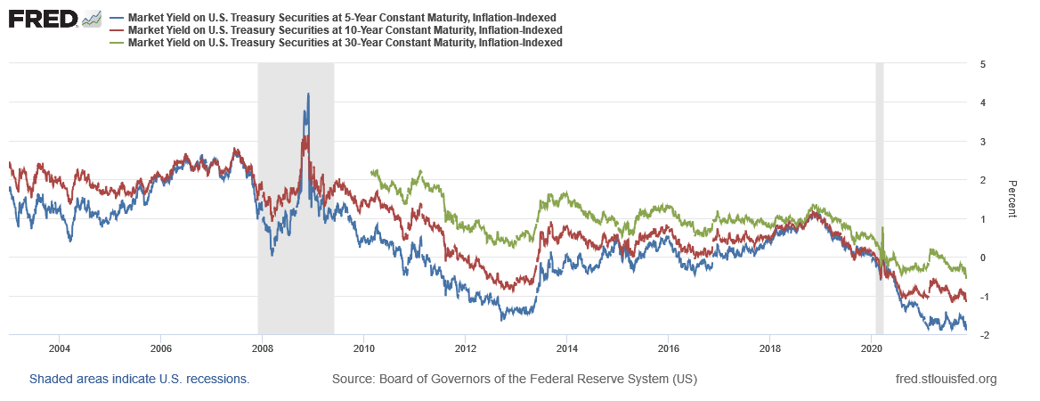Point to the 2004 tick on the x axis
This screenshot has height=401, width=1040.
coord(59,347)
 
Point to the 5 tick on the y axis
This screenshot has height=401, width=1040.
coord(981,64)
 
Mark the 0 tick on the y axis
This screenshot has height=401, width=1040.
coord(981,258)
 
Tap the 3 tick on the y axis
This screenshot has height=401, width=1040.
coord(981,142)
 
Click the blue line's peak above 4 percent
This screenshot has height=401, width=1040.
coord(308,94)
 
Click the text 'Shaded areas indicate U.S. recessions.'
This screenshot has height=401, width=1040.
coord(140,379)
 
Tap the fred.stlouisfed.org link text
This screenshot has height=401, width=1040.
coord(946,379)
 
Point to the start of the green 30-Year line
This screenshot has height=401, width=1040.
coord(370,171)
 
